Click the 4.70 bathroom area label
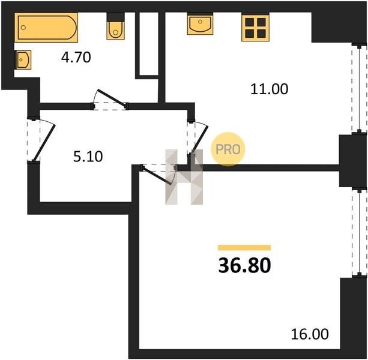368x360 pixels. coord(76,58)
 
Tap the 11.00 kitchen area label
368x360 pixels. coord(269,89)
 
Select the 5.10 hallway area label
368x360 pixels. coord(88,157)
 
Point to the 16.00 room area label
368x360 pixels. coord(310,334)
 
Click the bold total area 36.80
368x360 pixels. coord(244,265)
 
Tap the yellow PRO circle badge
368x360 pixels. coord(228,149)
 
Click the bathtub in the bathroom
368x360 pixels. coord(46,28)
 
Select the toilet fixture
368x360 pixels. coord(115,26)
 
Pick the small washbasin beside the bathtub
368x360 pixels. coord(23,59)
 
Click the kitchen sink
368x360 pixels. coord(200,23)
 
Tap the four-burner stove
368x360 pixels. coord(255,27)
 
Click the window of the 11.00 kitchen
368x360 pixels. coord(359,89)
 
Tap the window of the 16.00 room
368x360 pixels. coord(359,233)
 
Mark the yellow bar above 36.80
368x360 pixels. coord(244,248)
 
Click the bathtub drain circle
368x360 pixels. coord(23,28)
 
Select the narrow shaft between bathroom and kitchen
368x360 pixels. coord(149,44)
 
